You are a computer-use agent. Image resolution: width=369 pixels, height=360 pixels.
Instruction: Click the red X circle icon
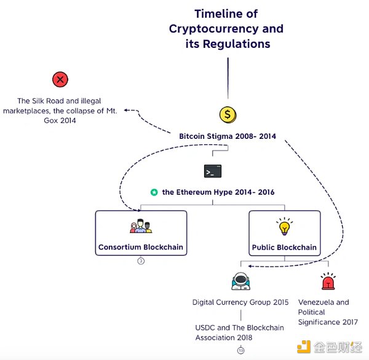(x=60, y=80)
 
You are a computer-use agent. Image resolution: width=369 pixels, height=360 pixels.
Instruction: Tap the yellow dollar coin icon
(x=228, y=114)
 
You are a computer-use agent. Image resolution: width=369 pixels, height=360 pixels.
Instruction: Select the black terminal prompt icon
(x=212, y=171)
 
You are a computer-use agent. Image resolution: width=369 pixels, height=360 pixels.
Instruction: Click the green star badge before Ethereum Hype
(x=154, y=192)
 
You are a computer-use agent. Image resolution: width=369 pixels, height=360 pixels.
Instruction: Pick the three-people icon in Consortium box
(x=141, y=227)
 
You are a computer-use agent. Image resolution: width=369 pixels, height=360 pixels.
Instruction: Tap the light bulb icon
(x=284, y=227)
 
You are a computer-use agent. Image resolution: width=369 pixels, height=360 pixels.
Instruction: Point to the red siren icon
(x=327, y=282)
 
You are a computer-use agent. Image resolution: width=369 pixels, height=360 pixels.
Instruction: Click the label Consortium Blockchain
(x=141, y=248)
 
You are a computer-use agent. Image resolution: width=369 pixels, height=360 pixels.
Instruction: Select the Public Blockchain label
(x=284, y=248)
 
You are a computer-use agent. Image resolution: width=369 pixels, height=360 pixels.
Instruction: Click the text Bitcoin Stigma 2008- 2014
(x=228, y=135)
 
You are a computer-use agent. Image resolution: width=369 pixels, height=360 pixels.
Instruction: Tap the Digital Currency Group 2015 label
(x=240, y=302)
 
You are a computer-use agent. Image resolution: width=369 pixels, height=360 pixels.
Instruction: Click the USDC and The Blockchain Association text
(x=240, y=332)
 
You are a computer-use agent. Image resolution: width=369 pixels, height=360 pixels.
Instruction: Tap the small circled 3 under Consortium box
(x=141, y=261)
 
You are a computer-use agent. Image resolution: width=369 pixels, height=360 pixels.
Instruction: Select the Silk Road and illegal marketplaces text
(x=60, y=111)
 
